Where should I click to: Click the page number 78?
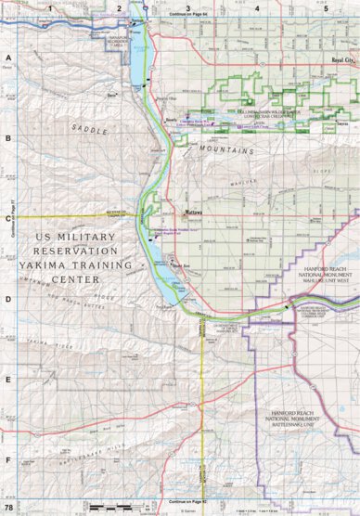pyautogui.click(x=8, y=509)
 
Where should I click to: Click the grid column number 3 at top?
pyautogui.click(x=188, y=7)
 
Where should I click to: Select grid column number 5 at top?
pyautogui.click(x=325, y=7)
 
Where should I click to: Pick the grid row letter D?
pyautogui.click(x=8, y=299)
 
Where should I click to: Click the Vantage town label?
pyautogui.click(x=139, y=20)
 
